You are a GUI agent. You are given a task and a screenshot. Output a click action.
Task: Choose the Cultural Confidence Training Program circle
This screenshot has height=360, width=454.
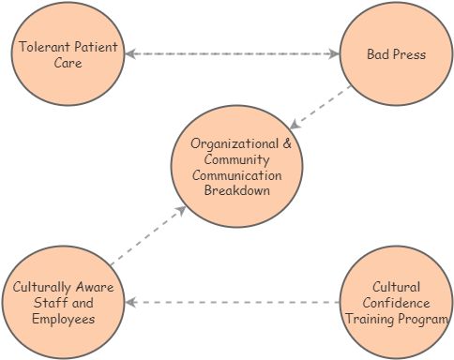coord(395,302)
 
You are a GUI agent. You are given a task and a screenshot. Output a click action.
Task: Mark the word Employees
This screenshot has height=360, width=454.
coord(62,319)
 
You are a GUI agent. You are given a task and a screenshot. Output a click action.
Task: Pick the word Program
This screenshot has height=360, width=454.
coord(423,319)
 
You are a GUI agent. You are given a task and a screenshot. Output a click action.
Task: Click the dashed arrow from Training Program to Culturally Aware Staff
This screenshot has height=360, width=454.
coord(235,303)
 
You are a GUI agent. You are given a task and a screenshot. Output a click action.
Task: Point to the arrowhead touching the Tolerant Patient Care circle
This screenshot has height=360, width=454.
coord(130,54)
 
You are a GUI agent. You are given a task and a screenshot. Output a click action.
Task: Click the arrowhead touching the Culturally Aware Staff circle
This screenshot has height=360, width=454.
coord(131,303)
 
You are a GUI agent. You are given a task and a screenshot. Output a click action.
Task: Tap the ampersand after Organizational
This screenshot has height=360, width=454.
coord(286,144)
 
